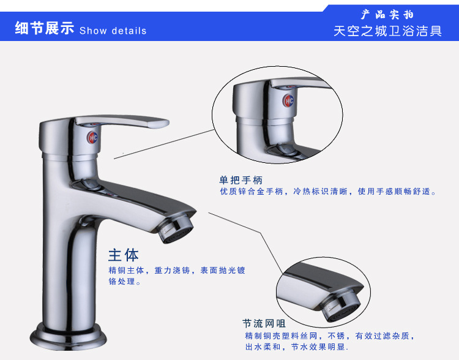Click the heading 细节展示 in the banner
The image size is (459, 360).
click(x=45, y=28)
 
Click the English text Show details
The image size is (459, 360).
click(x=113, y=31)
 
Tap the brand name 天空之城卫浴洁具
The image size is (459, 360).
click(x=387, y=31)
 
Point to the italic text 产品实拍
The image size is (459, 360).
click(x=387, y=15)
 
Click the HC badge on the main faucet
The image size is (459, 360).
click(x=92, y=137)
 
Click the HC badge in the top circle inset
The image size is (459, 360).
click(x=288, y=101)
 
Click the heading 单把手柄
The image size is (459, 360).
click(x=241, y=180)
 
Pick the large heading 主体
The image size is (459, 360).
click(x=123, y=255)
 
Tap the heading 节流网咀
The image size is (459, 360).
click(x=264, y=323)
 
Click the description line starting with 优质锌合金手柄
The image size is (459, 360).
click(x=328, y=192)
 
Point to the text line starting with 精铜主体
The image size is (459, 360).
click(x=177, y=270)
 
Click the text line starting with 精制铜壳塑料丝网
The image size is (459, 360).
click(x=330, y=336)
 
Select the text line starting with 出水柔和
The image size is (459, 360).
click(x=297, y=347)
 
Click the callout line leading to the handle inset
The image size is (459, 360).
click(x=164, y=144)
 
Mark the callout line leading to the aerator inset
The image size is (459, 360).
click(x=246, y=244)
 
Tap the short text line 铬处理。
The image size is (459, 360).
click(x=125, y=282)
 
